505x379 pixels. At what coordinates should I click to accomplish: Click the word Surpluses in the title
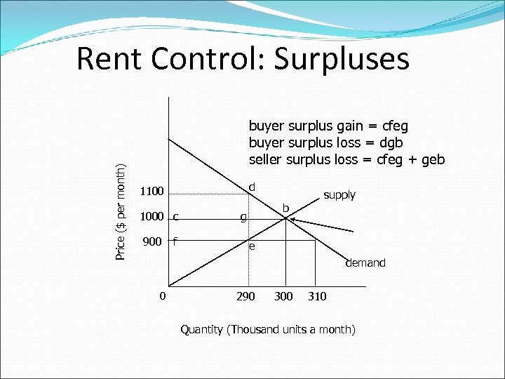[x=342, y=59]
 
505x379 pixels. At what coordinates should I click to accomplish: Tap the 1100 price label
[x=151, y=192]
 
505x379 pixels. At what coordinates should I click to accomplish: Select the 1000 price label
[x=151, y=216]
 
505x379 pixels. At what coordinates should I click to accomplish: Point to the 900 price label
[x=152, y=241]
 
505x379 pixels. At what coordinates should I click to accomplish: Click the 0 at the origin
[x=162, y=295]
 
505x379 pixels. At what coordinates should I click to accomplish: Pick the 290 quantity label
[x=245, y=296]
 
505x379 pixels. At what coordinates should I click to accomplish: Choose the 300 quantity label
[x=283, y=296]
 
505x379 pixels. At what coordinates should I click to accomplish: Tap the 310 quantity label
[x=317, y=296]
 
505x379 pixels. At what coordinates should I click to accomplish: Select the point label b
[x=285, y=208]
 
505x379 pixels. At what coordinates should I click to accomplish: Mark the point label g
[x=243, y=218]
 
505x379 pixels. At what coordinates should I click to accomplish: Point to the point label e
[x=252, y=247]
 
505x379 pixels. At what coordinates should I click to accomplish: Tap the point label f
[x=175, y=241]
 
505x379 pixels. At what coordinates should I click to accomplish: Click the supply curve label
[x=339, y=195]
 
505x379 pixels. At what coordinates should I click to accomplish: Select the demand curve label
[x=365, y=263]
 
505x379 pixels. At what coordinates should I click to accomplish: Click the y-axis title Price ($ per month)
[x=121, y=211]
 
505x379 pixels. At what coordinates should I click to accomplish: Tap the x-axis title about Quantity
[x=268, y=329]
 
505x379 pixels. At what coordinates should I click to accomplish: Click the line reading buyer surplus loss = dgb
[x=325, y=142]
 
